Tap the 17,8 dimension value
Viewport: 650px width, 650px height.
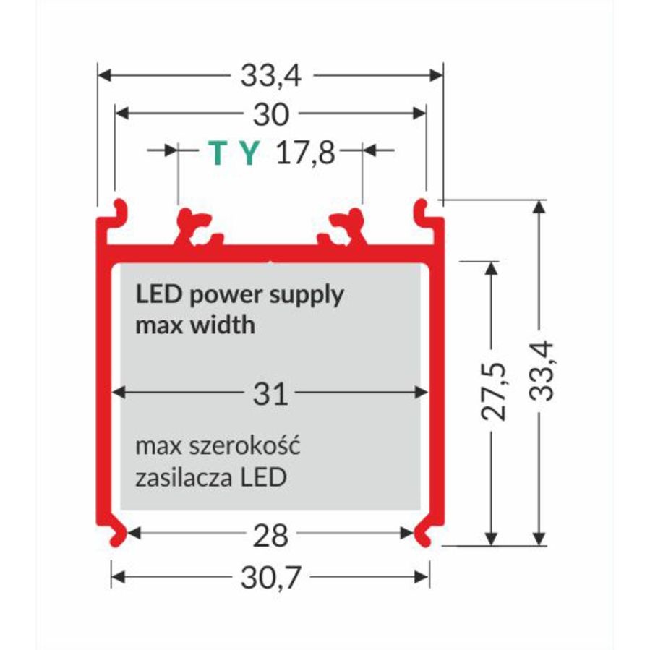coord(307,153)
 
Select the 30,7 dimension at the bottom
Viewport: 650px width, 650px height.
coord(270,577)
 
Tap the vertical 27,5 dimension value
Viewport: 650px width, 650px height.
coord(494,393)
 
